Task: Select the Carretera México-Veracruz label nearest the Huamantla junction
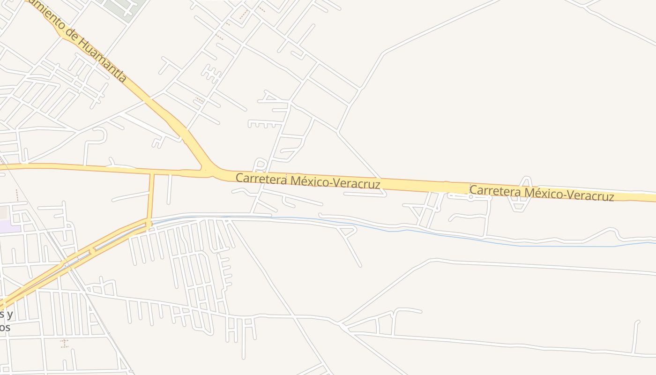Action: click(x=307, y=181)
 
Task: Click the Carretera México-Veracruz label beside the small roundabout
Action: click(x=542, y=193)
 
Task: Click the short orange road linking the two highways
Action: click(x=151, y=197)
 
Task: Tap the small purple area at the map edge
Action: click(x=9, y=226)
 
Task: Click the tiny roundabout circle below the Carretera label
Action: click(x=471, y=197)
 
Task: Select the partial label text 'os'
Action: click(x=5, y=327)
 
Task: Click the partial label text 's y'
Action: click(x=6, y=314)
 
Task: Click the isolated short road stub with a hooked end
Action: click(x=635, y=336)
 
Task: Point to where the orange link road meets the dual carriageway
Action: click(x=149, y=224)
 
